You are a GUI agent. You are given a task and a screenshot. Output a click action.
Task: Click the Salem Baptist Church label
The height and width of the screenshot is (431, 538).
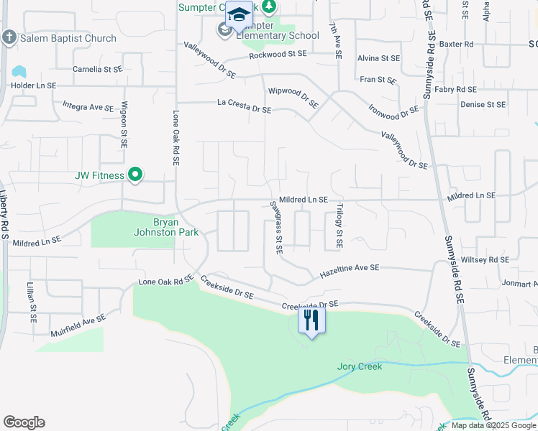coord(68,38)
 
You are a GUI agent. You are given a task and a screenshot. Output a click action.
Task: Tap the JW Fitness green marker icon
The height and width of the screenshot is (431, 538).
coord(134,175)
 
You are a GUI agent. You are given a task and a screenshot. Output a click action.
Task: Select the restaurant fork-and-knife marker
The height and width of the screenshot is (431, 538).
coord(311,320)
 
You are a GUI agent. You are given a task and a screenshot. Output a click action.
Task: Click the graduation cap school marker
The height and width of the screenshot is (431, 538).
coord(239,15)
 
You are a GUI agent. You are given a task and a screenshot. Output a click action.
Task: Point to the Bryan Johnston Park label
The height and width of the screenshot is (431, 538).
coord(165,226)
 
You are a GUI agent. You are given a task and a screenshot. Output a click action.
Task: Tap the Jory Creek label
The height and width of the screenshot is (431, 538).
coord(360,366)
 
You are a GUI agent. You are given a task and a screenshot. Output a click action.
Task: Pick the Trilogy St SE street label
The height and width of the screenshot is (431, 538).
coord(338,226)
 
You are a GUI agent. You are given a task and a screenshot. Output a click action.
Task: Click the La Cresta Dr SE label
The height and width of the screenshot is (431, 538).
coord(245,106)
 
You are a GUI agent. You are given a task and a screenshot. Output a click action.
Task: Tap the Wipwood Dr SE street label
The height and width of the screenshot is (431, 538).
coord(293,97)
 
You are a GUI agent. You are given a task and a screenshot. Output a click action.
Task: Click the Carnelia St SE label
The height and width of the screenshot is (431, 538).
coord(98,70)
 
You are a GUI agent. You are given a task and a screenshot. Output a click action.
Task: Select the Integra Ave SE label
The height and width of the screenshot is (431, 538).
coord(88,107)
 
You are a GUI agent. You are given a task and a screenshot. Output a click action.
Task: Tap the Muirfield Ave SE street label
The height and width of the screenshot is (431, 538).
coord(78,325)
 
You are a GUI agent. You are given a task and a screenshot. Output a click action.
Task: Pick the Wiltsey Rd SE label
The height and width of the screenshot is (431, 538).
coord(484,259)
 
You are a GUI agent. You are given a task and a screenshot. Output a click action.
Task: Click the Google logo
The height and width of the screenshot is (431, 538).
coord(24,422)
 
